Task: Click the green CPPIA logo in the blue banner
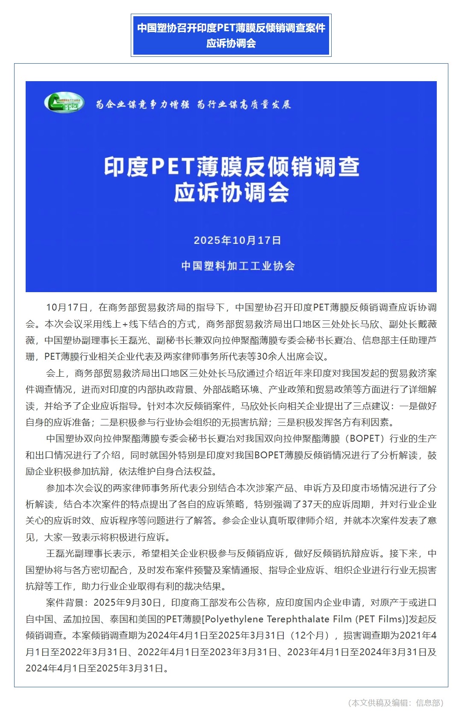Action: point(64,103)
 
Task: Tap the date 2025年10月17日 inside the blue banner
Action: point(237,240)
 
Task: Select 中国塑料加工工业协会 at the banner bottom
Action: point(238,266)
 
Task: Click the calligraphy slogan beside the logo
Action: point(193,104)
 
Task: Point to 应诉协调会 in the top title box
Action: point(231,43)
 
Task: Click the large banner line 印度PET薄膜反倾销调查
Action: point(231,167)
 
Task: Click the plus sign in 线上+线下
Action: point(125,324)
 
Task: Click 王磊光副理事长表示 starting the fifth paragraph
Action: point(89,554)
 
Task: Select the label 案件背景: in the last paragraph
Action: point(68,603)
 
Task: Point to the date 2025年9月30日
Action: point(127,603)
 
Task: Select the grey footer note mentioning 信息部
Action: point(396,703)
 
